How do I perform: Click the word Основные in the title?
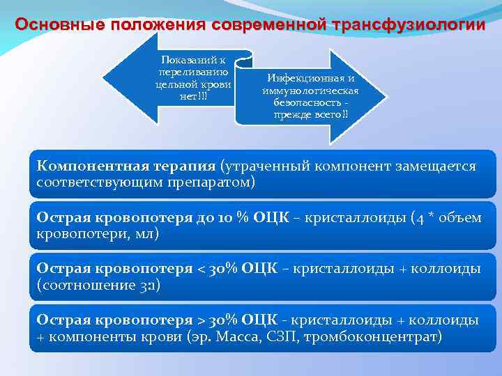tap(58, 25)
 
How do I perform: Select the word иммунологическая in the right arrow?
tap(311, 91)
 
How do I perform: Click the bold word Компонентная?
tap(90, 167)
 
